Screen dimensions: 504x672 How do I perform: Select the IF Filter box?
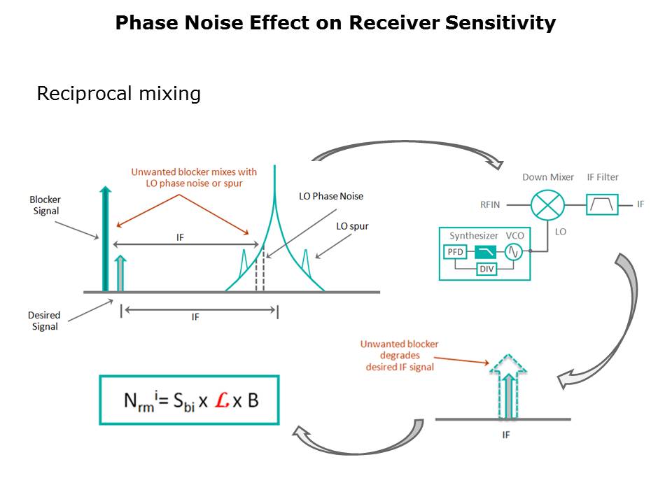[602, 204]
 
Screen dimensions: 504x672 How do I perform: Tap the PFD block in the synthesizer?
[455, 252]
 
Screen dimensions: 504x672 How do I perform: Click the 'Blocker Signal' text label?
[45, 206]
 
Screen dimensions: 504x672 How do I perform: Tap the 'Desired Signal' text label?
[44, 321]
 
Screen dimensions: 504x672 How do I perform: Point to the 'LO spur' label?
[352, 226]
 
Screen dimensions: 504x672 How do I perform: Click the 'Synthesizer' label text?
[474, 236]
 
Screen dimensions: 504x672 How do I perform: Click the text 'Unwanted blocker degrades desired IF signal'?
[399, 356]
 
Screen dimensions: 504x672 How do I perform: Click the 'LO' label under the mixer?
[561, 231]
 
